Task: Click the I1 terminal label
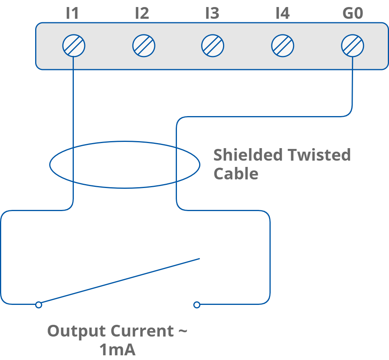(x=72, y=14)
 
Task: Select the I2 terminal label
(x=142, y=14)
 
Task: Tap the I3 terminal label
(x=212, y=14)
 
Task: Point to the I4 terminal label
(x=282, y=14)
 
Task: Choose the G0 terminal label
(x=353, y=14)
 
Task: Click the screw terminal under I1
(x=74, y=46)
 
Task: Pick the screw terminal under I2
(x=144, y=46)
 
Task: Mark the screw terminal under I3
(x=212, y=46)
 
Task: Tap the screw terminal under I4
(x=282, y=46)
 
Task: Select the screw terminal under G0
(x=352, y=46)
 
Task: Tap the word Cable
(x=236, y=173)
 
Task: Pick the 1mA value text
(x=117, y=350)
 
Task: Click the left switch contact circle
(x=38, y=304)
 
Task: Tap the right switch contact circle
(x=197, y=304)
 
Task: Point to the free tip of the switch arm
(x=199, y=258)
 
